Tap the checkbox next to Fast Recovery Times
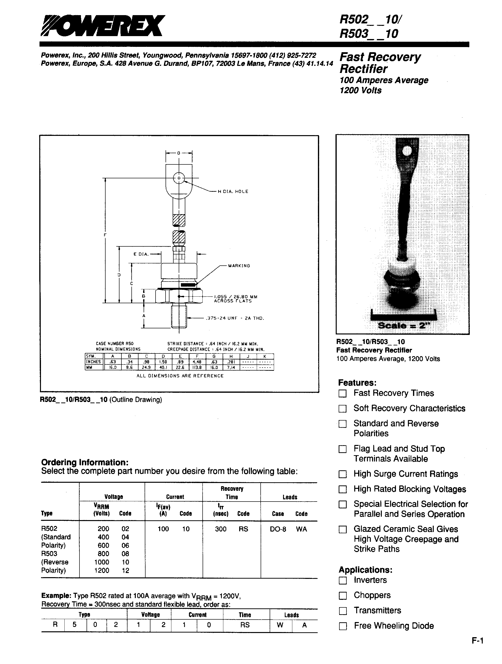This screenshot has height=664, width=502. point(342,393)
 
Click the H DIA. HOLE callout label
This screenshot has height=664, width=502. point(233,191)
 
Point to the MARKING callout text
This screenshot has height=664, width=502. point(239,266)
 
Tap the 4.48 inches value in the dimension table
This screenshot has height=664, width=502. point(197,362)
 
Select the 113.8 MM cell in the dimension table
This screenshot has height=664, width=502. point(197,367)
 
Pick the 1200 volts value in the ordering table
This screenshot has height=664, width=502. point(102,570)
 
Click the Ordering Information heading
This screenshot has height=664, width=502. point(85,462)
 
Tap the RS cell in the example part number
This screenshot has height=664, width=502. point(245,625)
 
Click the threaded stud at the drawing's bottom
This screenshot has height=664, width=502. point(179,316)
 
